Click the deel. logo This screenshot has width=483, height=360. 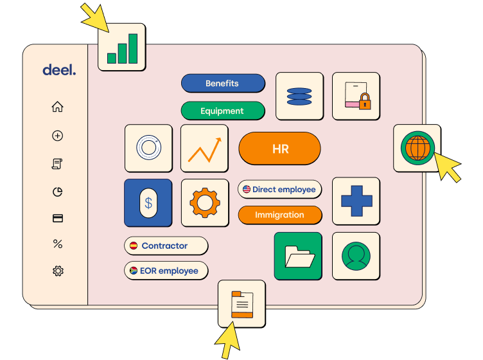(59, 70)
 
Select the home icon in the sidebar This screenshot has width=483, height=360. (58, 107)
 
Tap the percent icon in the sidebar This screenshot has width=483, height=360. (58, 244)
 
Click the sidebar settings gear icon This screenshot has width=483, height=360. (58, 271)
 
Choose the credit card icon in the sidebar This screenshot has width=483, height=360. (58, 218)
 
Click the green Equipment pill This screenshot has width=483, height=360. (222, 111)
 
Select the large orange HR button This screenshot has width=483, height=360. (279, 149)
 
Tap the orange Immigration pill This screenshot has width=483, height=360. (279, 215)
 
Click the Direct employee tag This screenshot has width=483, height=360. (279, 190)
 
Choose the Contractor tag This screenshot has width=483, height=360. (166, 246)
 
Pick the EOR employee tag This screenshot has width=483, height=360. (166, 271)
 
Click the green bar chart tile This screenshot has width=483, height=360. (121, 48)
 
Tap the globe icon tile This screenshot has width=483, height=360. (416, 148)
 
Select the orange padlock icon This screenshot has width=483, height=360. (364, 102)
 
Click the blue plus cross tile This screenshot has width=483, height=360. (355, 201)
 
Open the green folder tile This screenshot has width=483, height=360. (298, 256)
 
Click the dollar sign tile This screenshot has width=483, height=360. (148, 203)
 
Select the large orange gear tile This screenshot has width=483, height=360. (205, 203)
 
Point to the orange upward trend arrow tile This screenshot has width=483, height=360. (204, 148)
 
